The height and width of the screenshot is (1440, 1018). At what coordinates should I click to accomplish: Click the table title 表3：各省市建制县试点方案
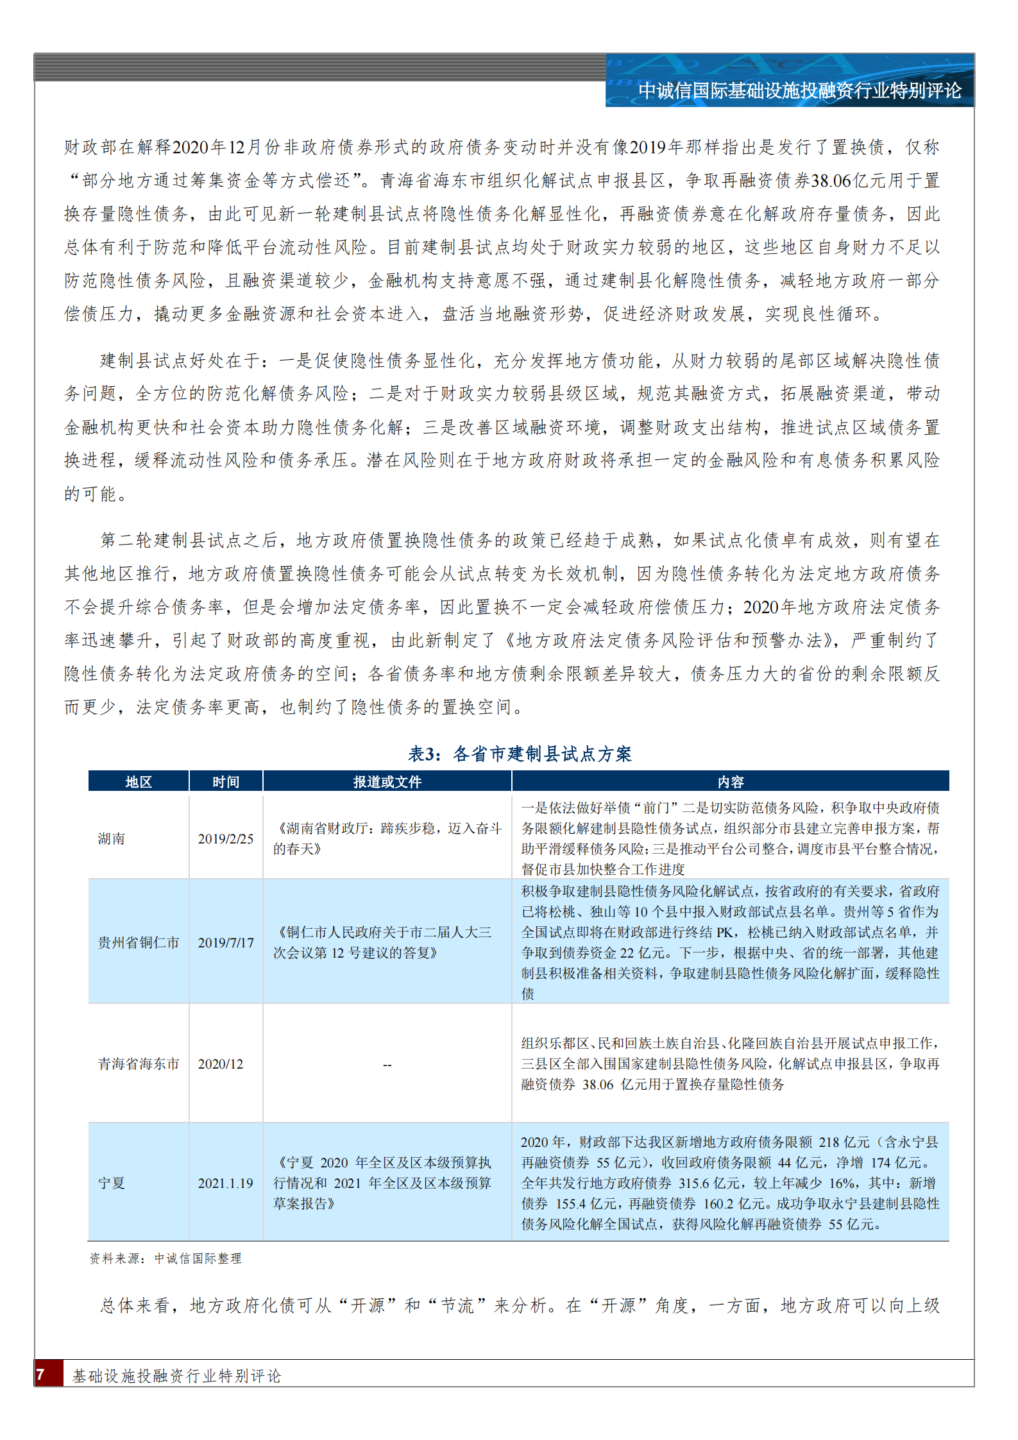520,754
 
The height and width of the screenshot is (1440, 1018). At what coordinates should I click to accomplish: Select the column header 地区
139,782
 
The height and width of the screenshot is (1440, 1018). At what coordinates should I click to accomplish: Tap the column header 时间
226,782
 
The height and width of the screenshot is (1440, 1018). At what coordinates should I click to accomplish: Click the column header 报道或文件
387,782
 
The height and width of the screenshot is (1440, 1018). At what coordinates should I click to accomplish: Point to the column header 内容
730,782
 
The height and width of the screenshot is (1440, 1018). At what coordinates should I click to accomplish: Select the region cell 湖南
112,839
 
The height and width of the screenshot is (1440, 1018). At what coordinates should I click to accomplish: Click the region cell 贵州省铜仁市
139,943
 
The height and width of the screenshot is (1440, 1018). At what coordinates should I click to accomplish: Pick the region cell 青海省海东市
139,1064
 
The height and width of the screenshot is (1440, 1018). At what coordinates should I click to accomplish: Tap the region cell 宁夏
112,1183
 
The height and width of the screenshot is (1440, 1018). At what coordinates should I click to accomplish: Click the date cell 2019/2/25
226,839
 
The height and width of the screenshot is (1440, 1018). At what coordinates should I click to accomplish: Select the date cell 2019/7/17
226,943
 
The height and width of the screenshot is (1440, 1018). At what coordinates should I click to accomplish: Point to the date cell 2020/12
221,1064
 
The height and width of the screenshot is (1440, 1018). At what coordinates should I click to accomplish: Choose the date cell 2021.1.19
226,1183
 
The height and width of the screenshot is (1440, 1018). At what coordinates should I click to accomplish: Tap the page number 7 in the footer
40,1375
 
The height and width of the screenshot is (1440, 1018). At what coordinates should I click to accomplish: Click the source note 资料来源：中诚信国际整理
165,1258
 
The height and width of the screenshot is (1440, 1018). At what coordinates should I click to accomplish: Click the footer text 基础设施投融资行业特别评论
176,1376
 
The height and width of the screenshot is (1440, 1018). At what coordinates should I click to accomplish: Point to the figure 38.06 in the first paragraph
832,182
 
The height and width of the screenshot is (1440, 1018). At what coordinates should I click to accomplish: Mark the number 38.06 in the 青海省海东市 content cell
598,1085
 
